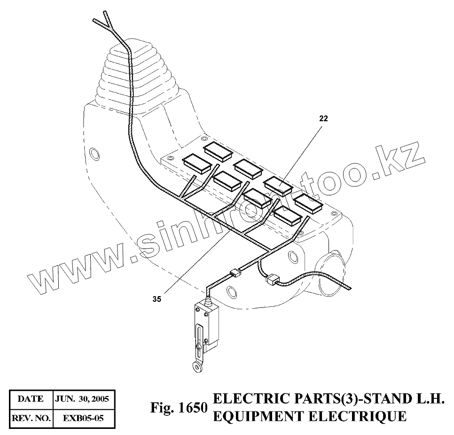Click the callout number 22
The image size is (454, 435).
click(323, 119)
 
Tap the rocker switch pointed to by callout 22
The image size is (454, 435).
click(279, 185)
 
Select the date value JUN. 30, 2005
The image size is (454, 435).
click(82, 399)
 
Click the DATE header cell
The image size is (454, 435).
click(31, 399)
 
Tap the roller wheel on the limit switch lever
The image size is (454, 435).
click(197, 366)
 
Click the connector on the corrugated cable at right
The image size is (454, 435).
click(272, 281)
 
